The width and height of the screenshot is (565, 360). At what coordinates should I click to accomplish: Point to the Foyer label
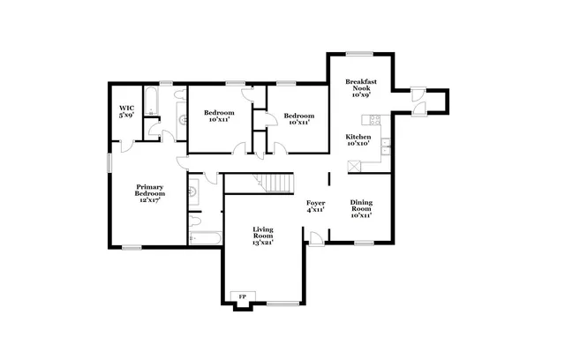315,202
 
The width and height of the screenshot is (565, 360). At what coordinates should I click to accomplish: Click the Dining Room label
360,206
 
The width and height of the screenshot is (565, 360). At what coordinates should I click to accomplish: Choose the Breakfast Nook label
360,85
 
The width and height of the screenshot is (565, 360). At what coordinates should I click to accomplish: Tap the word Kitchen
358,137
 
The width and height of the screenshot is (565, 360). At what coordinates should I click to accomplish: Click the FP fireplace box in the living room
241,296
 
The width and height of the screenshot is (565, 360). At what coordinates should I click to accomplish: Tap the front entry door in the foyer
314,236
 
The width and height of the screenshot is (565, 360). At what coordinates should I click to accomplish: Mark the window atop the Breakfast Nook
358,54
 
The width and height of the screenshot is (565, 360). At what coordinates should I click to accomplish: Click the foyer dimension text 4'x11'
315,210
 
